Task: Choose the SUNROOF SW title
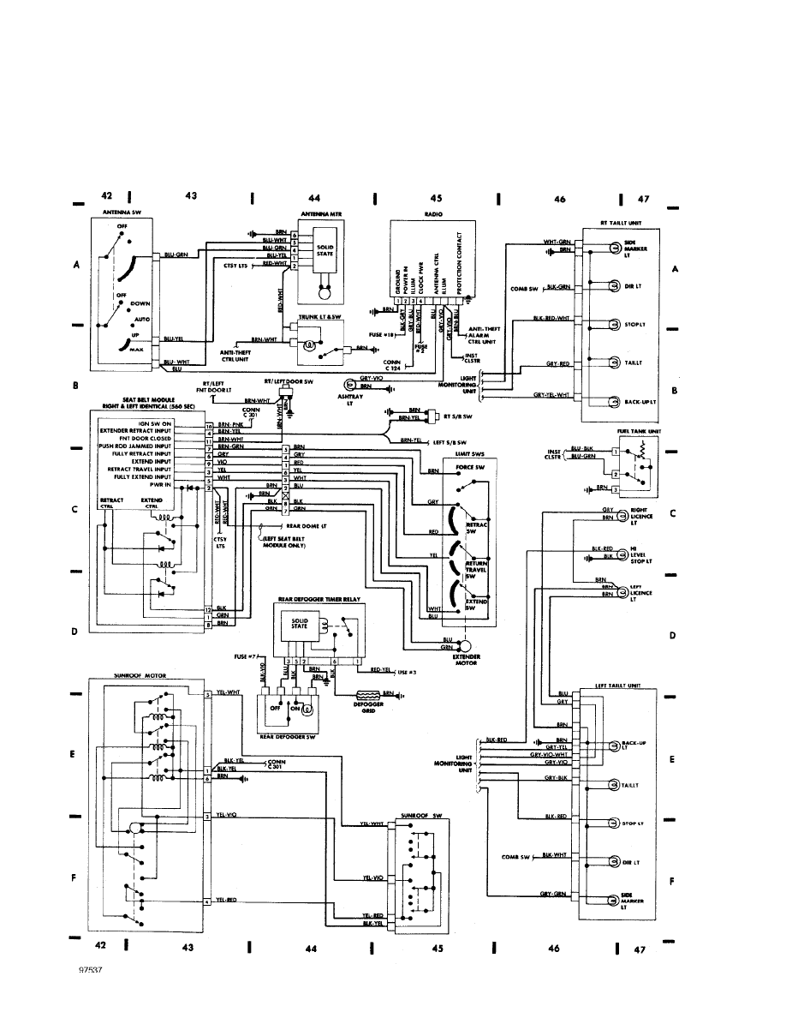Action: pos(420,817)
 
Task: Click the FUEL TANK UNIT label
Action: pos(634,431)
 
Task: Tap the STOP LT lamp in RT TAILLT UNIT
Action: pos(614,325)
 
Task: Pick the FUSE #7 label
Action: pos(245,656)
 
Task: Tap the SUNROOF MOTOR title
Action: pos(140,675)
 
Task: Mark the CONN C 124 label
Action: pos(394,365)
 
